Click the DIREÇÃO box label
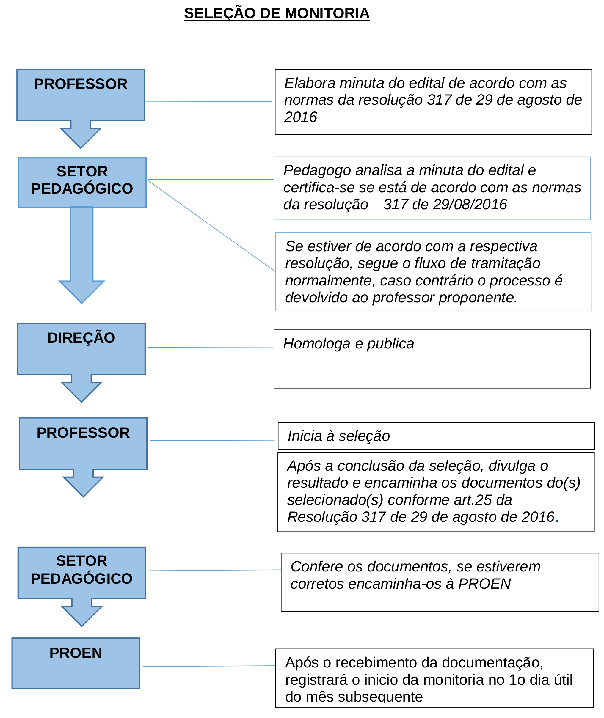(x=81, y=338)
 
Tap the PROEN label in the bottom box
(x=76, y=653)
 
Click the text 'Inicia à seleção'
(x=339, y=436)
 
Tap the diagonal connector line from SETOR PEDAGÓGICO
(x=211, y=226)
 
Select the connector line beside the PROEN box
(x=209, y=666)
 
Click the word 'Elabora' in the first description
(x=310, y=83)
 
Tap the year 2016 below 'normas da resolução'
(x=301, y=117)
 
